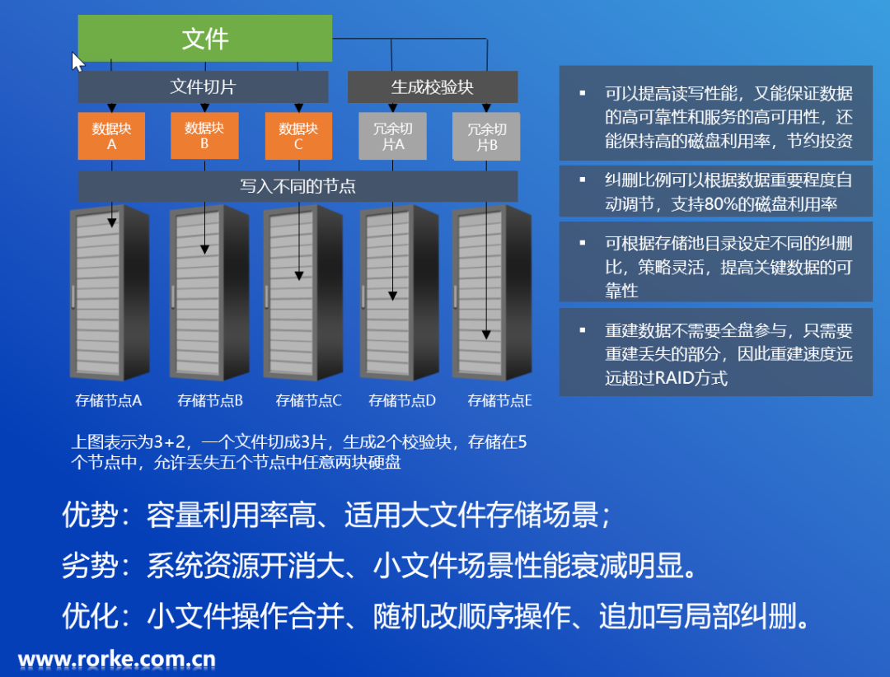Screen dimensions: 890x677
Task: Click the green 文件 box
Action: coord(204,38)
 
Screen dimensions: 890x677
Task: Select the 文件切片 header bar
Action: coord(203,86)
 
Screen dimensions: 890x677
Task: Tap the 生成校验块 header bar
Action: coord(432,86)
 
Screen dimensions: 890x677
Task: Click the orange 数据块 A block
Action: coord(111,136)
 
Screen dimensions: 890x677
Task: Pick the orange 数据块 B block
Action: coord(204,136)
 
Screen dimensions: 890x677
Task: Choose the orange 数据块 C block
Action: coord(297,136)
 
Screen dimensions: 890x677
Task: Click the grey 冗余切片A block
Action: coord(393,137)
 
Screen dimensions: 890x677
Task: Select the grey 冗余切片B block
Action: coord(486,137)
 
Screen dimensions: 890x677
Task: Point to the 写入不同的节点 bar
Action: coord(297,186)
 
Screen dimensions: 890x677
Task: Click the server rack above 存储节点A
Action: coord(109,292)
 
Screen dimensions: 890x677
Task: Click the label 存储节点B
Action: coord(210,401)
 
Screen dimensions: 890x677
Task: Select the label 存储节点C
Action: coord(308,401)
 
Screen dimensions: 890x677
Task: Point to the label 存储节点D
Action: coord(402,401)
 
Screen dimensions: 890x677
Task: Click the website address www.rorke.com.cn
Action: coord(117,659)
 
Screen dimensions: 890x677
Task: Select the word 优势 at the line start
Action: coord(90,516)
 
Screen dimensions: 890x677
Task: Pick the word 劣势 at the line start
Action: coord(90,566)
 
